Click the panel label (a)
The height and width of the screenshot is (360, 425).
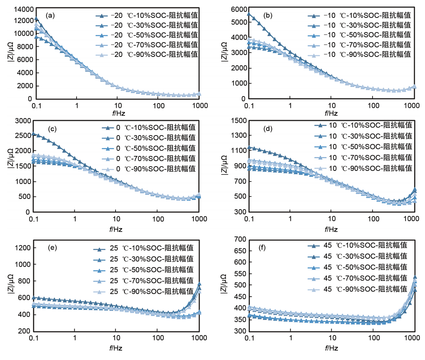(50, 15)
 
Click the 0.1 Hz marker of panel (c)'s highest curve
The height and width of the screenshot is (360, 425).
(34, 134)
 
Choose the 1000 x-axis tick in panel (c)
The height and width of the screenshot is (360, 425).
(199, 219)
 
